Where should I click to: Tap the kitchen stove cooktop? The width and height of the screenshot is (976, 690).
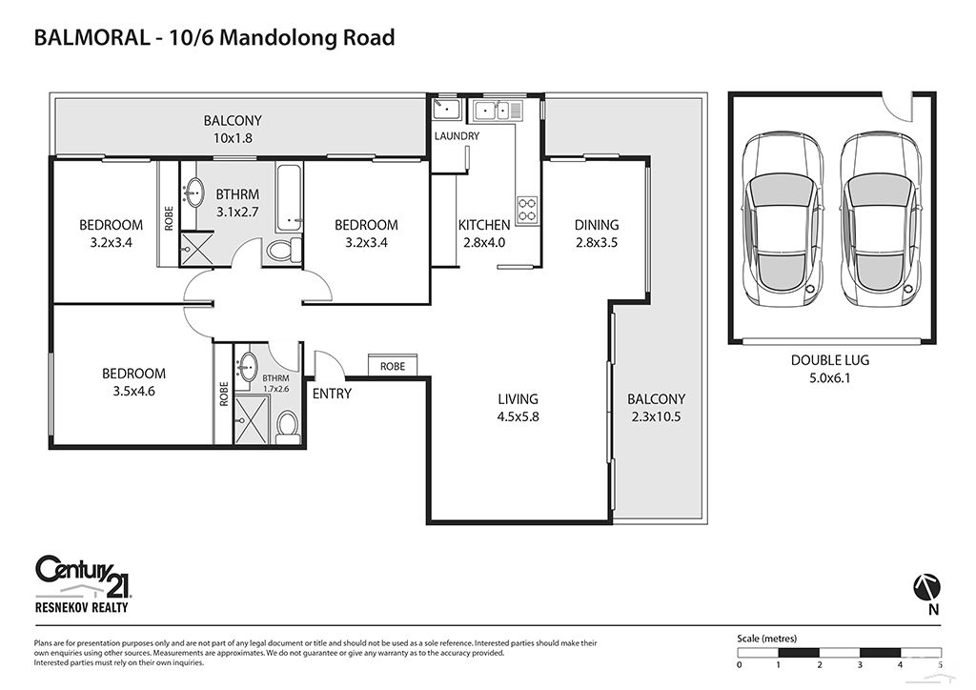527,209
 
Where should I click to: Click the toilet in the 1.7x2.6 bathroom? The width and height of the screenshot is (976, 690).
287,427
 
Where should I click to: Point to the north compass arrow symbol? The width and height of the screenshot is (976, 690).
926,587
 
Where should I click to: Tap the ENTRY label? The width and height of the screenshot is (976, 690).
332,394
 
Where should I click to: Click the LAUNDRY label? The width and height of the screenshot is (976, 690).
457,135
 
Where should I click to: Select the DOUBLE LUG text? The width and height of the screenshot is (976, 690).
830,359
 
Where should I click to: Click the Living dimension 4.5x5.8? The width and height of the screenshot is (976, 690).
518,416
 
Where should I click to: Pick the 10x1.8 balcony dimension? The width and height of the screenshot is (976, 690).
233,138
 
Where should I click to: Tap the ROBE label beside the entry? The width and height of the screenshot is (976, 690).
392,367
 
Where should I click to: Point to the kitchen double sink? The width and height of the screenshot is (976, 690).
491,111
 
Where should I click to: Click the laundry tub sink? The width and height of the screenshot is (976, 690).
446,109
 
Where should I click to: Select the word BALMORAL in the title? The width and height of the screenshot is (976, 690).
91,38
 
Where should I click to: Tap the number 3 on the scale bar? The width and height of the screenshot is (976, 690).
860,665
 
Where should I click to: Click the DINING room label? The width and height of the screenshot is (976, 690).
597,225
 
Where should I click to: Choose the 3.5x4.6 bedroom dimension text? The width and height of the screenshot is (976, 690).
133,392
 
